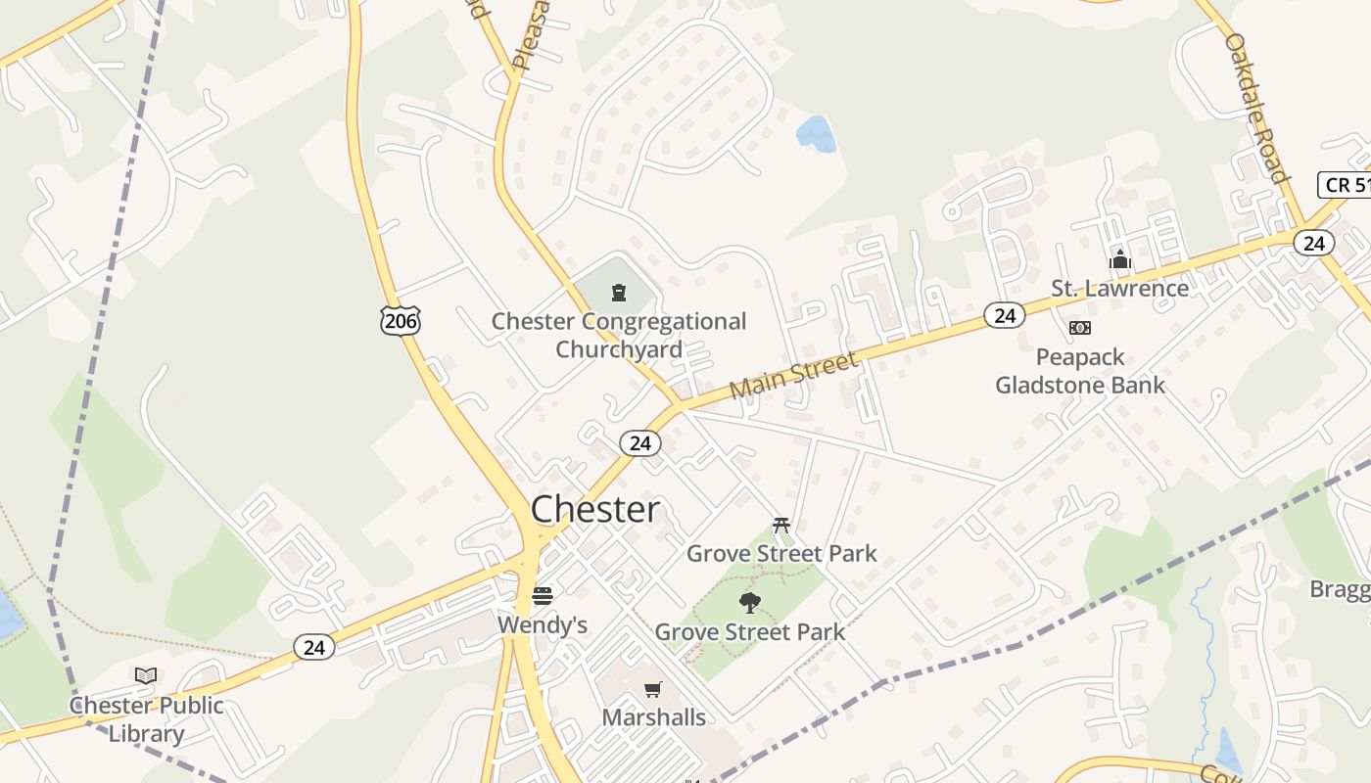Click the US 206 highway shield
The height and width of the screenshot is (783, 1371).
point(401,320)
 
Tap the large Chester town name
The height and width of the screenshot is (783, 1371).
point(595,510)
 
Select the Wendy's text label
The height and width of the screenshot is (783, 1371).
point(543,624)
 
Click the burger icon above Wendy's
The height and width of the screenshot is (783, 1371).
point(543,596)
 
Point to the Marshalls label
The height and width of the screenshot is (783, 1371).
point(653,717)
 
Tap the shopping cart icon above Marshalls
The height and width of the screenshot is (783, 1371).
point(653,689)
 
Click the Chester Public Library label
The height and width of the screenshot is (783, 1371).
point(147,719)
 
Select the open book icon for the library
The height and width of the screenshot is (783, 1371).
point(146,675)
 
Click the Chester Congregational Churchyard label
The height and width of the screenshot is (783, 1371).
point(619,335)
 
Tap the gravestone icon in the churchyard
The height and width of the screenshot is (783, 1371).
point(619,292)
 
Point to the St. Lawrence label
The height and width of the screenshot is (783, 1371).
point(1120,288)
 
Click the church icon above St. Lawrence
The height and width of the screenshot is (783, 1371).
point(1120,260)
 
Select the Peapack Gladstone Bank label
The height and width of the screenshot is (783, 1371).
point(1080,371)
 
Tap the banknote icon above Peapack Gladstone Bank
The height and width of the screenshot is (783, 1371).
point(1080,328)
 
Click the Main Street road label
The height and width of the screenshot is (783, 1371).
point(794,376)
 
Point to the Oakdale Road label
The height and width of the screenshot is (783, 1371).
point(1256,108)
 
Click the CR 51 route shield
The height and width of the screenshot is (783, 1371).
point(1346,184)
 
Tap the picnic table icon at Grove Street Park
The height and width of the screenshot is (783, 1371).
point(781,526)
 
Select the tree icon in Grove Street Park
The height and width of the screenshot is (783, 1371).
point(750,602)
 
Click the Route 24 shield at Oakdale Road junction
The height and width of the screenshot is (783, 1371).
point(1313,243)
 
